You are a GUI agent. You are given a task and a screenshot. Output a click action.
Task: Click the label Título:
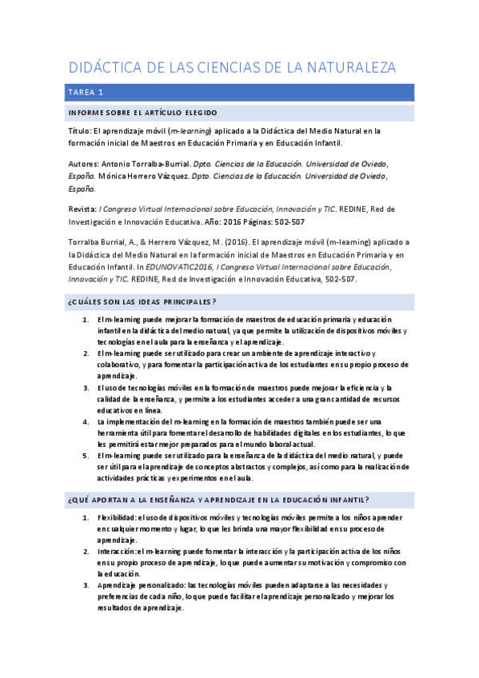(80, 130)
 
